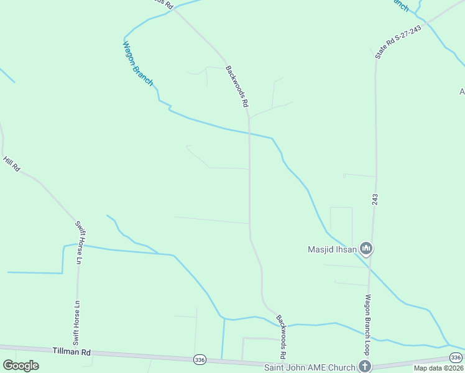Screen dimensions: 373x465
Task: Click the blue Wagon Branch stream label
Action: point(138,63)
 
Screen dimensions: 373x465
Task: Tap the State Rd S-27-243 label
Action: point(398,42)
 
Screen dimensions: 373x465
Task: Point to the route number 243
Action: point(375,200)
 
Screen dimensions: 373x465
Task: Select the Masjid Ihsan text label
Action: point(333,250)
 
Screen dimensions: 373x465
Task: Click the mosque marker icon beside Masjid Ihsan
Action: point(366,249)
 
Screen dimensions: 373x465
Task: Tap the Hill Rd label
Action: point(12,164)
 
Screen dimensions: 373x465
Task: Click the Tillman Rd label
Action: point(72,352)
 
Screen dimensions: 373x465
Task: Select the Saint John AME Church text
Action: point(310,367)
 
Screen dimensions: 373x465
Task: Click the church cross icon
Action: point(365,367)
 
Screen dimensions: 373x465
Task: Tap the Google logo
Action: point(21,366)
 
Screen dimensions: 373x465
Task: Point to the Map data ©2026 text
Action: point(439,368)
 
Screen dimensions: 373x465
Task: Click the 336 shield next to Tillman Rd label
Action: point(199,359)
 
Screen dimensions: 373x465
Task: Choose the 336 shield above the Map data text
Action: point(456,357)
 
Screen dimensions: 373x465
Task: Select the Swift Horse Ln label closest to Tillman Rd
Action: point(76,323)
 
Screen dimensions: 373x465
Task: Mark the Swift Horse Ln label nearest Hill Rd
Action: point(81,242)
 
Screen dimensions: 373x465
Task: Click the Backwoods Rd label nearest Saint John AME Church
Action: point(281,336)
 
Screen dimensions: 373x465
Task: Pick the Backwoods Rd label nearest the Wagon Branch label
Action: point(237,88)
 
